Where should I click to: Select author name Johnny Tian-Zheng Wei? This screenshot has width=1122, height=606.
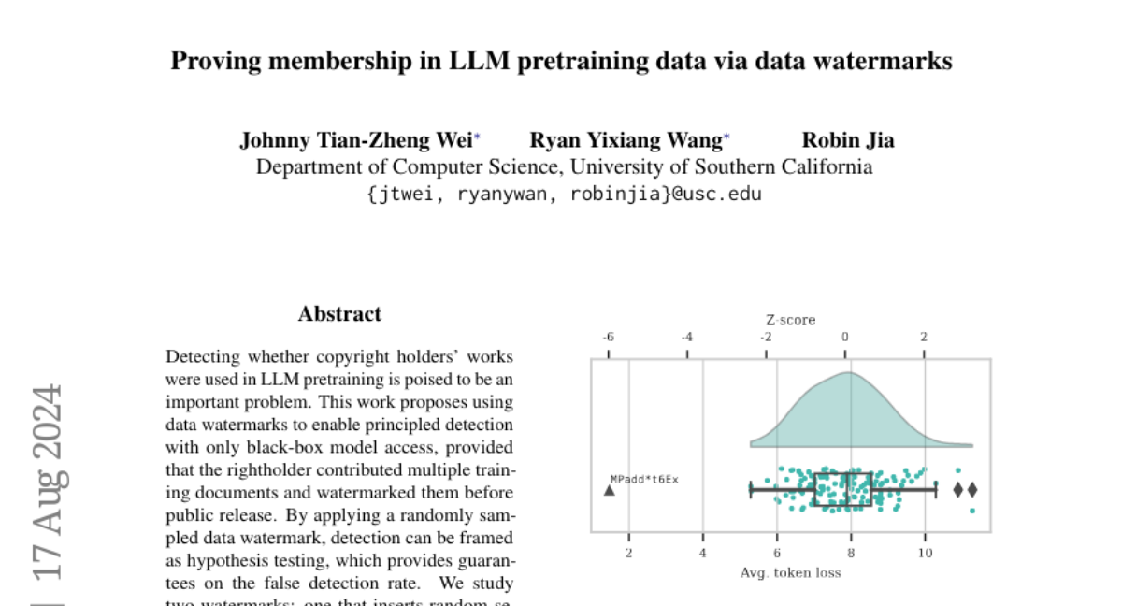(x=356, y=140)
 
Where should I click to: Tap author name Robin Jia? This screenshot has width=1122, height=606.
(x=848, y=140)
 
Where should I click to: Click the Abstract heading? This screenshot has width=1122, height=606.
(x=339, y=314)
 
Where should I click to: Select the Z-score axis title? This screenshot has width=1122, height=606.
(x=790, y=320)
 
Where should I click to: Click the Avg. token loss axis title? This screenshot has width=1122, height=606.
(x=790, y=572)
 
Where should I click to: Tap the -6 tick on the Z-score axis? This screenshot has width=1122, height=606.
(x=609, y=338)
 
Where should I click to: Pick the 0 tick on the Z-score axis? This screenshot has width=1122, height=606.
(x=845, y=338)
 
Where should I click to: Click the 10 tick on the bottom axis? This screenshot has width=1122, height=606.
(x=925, y=553)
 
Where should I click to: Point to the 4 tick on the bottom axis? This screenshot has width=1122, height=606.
(x=703, y=553)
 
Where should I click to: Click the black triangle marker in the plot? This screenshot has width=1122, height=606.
(x=610, y=489)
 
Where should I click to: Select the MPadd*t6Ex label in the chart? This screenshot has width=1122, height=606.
(x=644, y=479)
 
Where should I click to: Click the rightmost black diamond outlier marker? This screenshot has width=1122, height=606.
(x=972, y=489)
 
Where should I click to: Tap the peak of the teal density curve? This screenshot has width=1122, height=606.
(x=847, y=374)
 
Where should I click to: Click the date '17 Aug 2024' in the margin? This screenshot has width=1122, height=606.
(x=48, y=482)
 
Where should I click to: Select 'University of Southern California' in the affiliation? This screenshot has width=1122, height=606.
(x=722, y=167)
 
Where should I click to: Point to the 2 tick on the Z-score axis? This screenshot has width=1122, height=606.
(x=924, y=338)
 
